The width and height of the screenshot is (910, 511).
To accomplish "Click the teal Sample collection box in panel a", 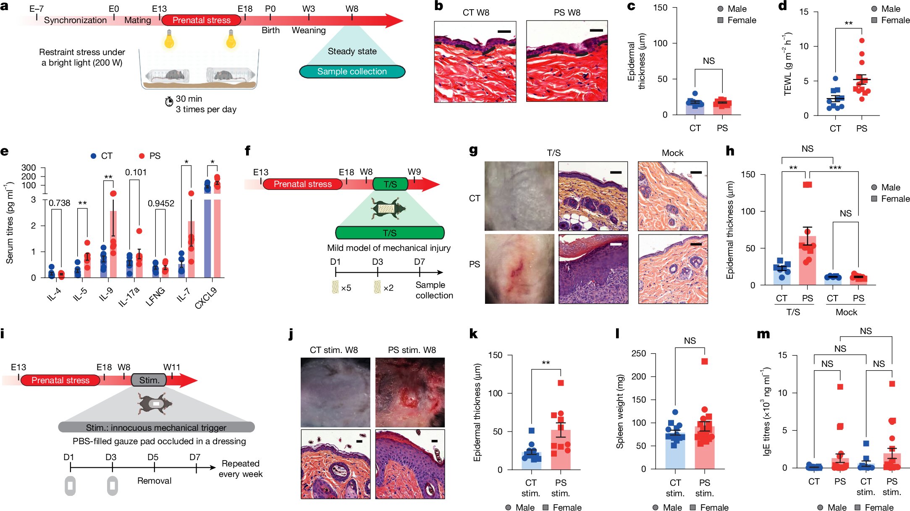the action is point(352,71).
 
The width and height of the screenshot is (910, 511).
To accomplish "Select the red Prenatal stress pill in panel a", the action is point(201,20).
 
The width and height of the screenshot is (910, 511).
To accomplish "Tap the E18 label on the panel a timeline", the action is point(245,9).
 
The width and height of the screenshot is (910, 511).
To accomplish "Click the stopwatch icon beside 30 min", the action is point(169,101).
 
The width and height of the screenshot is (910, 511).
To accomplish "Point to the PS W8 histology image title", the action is point(567,13).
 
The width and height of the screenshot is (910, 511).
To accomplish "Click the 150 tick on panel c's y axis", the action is point(660,8).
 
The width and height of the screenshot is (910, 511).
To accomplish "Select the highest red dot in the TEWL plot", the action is point(862,41).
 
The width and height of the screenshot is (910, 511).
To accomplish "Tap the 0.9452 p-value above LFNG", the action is point(161,203).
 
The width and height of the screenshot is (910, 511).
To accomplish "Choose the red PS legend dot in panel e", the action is point(142,156).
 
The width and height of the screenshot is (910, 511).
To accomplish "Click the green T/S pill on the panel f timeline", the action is point(390,184).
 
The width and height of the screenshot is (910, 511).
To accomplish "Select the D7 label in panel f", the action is point(420,262).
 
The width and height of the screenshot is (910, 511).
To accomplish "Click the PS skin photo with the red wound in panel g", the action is point(519,269).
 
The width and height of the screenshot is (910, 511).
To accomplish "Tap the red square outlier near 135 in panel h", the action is point(807,184).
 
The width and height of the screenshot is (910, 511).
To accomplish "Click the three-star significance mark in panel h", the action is point(835,168).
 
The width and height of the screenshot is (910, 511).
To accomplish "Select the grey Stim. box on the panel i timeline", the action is point(149,380).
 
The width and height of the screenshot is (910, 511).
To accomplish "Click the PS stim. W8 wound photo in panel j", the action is point(410,392).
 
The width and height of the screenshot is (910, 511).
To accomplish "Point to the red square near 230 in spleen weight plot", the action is point(705,361).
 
